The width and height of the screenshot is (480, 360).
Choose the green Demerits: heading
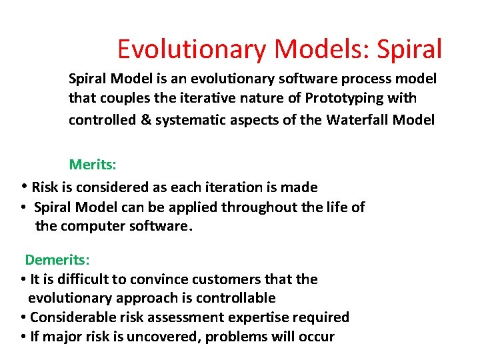point(57,259)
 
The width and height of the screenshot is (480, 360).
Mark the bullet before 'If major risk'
point(23,337)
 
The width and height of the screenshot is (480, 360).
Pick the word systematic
point(189,120)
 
